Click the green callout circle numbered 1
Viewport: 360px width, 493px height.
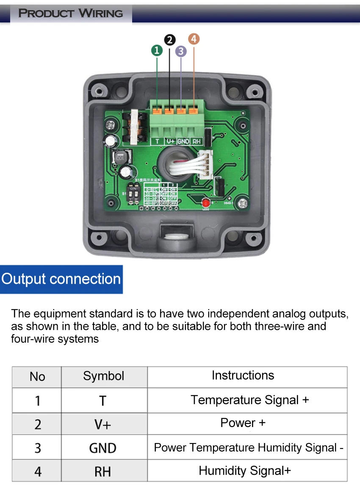(157, 51)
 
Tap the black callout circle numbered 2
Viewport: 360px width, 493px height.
(170, 40)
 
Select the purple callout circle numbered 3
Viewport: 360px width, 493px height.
(181, 51)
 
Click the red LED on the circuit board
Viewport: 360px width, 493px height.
(207, 202)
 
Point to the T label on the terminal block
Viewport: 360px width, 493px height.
(157, 141)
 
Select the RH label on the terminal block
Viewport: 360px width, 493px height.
(196, 141)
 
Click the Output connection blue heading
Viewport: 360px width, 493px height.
(61, 279)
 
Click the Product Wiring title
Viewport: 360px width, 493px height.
(71, 13)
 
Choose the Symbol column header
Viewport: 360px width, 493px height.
(104, 376)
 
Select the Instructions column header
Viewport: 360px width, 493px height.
(243, 375)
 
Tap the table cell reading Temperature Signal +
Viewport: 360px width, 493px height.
(249, 400)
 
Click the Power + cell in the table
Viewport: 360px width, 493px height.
(243, 423)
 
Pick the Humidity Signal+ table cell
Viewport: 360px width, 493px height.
(245, 471)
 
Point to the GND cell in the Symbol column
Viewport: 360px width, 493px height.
(103, 448)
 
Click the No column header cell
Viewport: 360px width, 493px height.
(37, 377)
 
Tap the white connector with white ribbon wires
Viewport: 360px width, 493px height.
(206, 165)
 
